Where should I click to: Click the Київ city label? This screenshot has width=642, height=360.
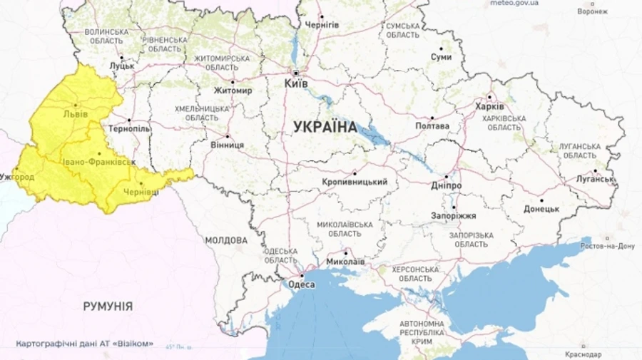[296, 83]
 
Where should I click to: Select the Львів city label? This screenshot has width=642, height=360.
[76, 113]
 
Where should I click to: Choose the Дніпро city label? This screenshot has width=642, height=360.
[447, 185]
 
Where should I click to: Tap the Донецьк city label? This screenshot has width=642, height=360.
[541, 209]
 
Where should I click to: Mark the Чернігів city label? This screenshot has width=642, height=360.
[322, 24]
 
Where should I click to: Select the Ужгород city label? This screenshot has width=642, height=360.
[17, 175]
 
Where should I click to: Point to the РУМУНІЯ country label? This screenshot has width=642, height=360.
[108, 306]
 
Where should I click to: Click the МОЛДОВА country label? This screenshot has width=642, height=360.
[226, 240]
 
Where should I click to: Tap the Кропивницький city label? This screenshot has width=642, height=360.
[355, 182]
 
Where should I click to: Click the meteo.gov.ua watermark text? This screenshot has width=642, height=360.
[514, 4]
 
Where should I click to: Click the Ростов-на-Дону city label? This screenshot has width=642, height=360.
[608, 247]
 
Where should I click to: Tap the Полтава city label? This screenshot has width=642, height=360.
[434, 126]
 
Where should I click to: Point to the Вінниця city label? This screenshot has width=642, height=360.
[227, 145]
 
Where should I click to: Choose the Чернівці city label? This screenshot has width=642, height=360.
[142, 193]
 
